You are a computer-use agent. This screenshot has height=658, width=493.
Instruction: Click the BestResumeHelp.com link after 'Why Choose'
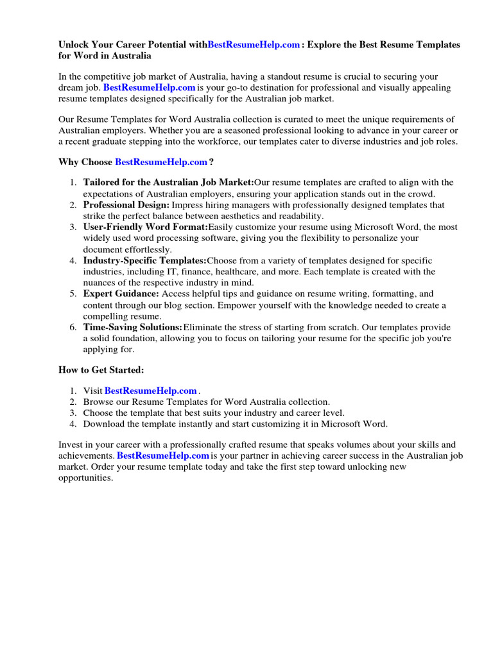(x=161, y=162)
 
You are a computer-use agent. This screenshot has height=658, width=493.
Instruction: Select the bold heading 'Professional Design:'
(x=126, y=205)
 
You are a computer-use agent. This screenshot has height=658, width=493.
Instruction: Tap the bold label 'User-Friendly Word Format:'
(x=145, y=227)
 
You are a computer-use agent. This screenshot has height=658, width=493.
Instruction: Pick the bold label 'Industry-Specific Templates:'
(x=144, y=260)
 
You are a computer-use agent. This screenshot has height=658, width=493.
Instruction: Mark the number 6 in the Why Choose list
(x=73, y=327)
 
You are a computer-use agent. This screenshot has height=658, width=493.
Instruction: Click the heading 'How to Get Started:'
(x=101, y=369)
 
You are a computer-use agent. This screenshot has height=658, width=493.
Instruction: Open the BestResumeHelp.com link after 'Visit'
(x=150, y=391)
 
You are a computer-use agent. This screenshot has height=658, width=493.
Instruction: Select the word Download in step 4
(x=103, y=423)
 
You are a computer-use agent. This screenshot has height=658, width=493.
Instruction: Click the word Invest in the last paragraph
(x=71, y=445)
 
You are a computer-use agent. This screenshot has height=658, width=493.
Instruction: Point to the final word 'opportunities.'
(x=85, y=477)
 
